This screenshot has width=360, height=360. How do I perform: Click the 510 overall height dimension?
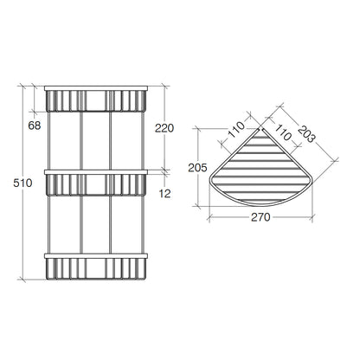22,183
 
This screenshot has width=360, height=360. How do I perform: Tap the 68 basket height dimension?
35,125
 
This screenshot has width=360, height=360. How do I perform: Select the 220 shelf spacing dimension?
164,128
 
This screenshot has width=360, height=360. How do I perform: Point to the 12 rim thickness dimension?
164,194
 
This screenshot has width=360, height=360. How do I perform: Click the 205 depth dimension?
197,168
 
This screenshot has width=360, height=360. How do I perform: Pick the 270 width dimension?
260,217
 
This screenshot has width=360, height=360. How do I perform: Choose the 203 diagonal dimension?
305,134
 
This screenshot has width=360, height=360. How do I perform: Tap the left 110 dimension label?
236,130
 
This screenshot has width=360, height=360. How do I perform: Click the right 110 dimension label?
282,132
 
